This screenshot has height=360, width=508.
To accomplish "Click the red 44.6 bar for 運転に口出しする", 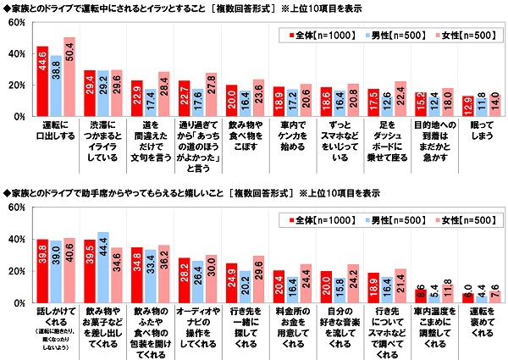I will coord(42,81).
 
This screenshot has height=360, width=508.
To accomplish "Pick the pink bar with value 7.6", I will coord(494,296).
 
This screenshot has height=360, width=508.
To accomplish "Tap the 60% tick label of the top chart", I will coord(15,23).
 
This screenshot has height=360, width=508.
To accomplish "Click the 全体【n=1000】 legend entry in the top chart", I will coord(314,37).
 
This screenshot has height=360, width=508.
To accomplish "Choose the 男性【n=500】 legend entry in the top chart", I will coord(389,37).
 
